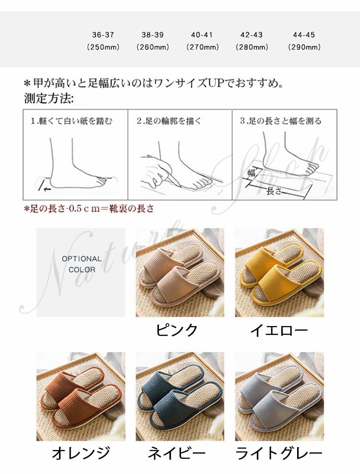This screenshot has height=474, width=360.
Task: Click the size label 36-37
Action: [x=103, y=35]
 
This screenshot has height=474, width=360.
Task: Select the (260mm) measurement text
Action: [x=153, y=47]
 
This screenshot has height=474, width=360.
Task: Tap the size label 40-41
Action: [x=202, y=35]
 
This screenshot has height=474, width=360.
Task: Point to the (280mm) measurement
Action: [x=252, y=47]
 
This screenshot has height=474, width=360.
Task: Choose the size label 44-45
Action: [x=304, y=35]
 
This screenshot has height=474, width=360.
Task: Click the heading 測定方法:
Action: [x=49, y=98]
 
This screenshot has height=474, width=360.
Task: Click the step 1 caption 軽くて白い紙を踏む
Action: [x=72, y=121]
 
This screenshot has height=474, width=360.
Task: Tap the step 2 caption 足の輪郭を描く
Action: [x=169, y=121]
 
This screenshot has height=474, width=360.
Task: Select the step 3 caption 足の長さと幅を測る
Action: [x=281, y=121]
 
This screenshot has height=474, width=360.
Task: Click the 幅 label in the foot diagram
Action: [x=252, y=172]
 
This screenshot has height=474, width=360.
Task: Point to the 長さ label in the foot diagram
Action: [x=274, y=191]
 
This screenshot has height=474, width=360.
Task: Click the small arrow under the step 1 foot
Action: [x=47, y=190]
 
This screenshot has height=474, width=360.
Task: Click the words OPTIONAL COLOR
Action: [x=82, y=264]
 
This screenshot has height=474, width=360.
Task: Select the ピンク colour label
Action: [x=177, y=329]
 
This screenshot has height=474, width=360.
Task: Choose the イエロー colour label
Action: [x=279, y=330]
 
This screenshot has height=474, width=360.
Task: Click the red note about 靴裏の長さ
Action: [x=89, y=208]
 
